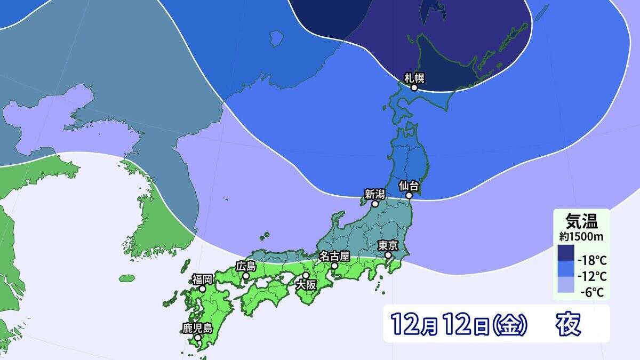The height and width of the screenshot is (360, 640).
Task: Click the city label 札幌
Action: pos(414,78)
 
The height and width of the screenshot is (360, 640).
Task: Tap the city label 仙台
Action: pos(410,186)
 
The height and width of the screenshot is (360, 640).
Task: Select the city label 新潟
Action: pos(375,194)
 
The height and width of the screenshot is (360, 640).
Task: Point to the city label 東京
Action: pos(388,245)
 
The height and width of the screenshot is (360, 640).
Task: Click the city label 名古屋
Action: pos(334,255)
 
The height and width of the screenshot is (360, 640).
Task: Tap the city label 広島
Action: pos(246,266)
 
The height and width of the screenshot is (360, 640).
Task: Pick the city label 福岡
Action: pos(203,278)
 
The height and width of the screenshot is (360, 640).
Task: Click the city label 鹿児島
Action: pos(197,328)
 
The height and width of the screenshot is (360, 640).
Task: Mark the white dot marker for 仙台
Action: pos(409,195)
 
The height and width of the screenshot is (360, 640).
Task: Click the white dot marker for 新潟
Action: pos(375,204)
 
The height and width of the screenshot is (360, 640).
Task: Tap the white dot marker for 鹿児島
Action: pos(197,338)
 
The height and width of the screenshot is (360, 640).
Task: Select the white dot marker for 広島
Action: pos(246,276)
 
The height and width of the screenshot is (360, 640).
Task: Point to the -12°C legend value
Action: pos(592,276)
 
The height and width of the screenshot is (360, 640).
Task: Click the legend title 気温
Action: pos(581,220)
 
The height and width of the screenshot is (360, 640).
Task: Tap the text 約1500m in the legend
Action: pos(581,235)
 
